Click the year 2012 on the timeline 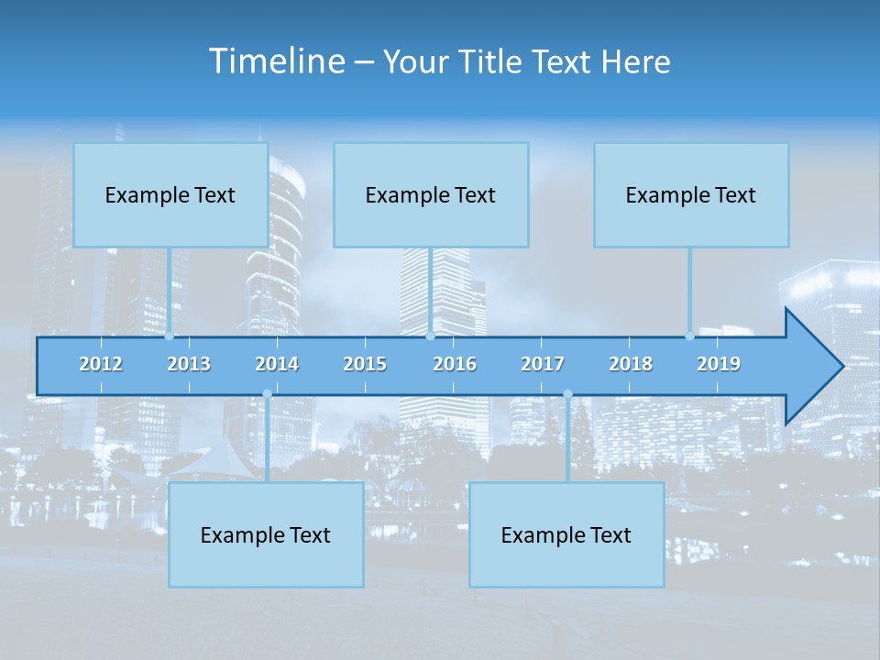101,364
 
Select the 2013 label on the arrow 189,364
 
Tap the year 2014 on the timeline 277,364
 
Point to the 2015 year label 365,364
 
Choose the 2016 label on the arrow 455,364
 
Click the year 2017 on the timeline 543,364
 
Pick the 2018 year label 631,364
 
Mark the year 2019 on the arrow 719,364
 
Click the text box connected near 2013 170,194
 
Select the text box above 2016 431,194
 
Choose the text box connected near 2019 691,194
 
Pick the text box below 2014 266,534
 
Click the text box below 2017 566,534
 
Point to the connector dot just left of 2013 170,335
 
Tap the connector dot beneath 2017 567,394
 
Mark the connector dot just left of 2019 690,335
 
